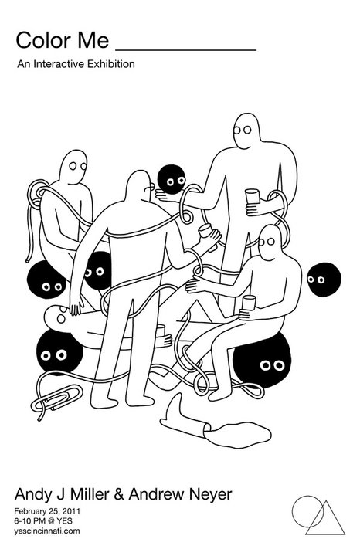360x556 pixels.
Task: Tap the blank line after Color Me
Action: [x=186, y=50]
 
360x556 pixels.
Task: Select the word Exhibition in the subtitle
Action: [x=111, y=64]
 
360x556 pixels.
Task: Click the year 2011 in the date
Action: [x=73, y=511]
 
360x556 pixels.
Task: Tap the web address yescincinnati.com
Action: [x=47, y=531]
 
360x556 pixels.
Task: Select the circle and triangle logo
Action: [x=318, y=514]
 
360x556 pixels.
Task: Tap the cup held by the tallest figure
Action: [x=252, y=196]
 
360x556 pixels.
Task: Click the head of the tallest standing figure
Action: [x=246, y=131]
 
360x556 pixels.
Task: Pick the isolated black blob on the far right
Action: [x=324, y=280]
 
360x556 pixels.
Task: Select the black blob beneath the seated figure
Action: [x=263, y=361]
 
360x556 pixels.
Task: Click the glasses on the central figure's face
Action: [x=150, y=187]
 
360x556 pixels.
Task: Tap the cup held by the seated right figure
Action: [x=249, y=303]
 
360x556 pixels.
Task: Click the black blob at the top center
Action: [x=172, y=179]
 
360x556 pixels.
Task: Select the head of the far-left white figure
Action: [x=73, y=166]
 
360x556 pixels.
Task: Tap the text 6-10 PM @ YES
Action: [x=43, y=521]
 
